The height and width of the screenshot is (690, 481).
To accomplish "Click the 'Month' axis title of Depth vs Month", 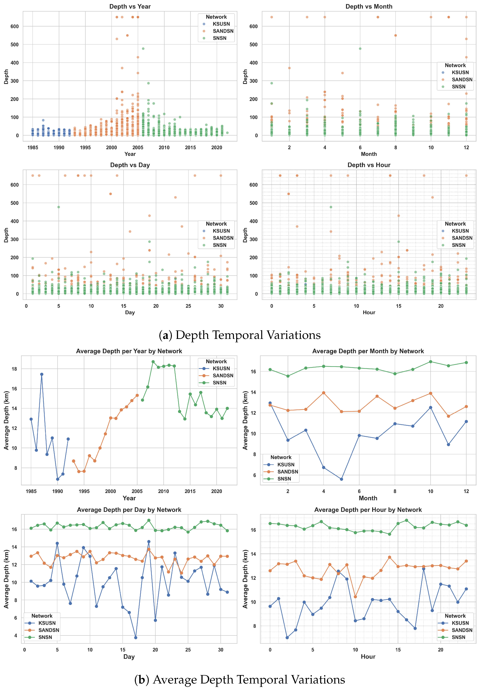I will point(369,154).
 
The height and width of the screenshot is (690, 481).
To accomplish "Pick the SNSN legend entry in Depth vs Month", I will point(458,86).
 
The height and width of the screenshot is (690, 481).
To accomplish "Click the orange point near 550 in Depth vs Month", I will point(395,35).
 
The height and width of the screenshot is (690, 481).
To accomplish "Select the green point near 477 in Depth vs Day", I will point(58,207).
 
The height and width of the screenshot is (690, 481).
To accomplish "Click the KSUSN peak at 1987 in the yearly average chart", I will point(42,374).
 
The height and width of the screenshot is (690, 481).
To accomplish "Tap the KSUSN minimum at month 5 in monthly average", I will point(341,479).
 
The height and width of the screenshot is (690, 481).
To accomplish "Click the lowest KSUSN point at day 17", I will point(136,637).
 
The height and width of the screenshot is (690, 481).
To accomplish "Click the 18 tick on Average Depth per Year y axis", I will point(14,369).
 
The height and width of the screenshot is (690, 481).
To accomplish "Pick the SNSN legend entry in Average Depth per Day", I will point(45,637).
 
